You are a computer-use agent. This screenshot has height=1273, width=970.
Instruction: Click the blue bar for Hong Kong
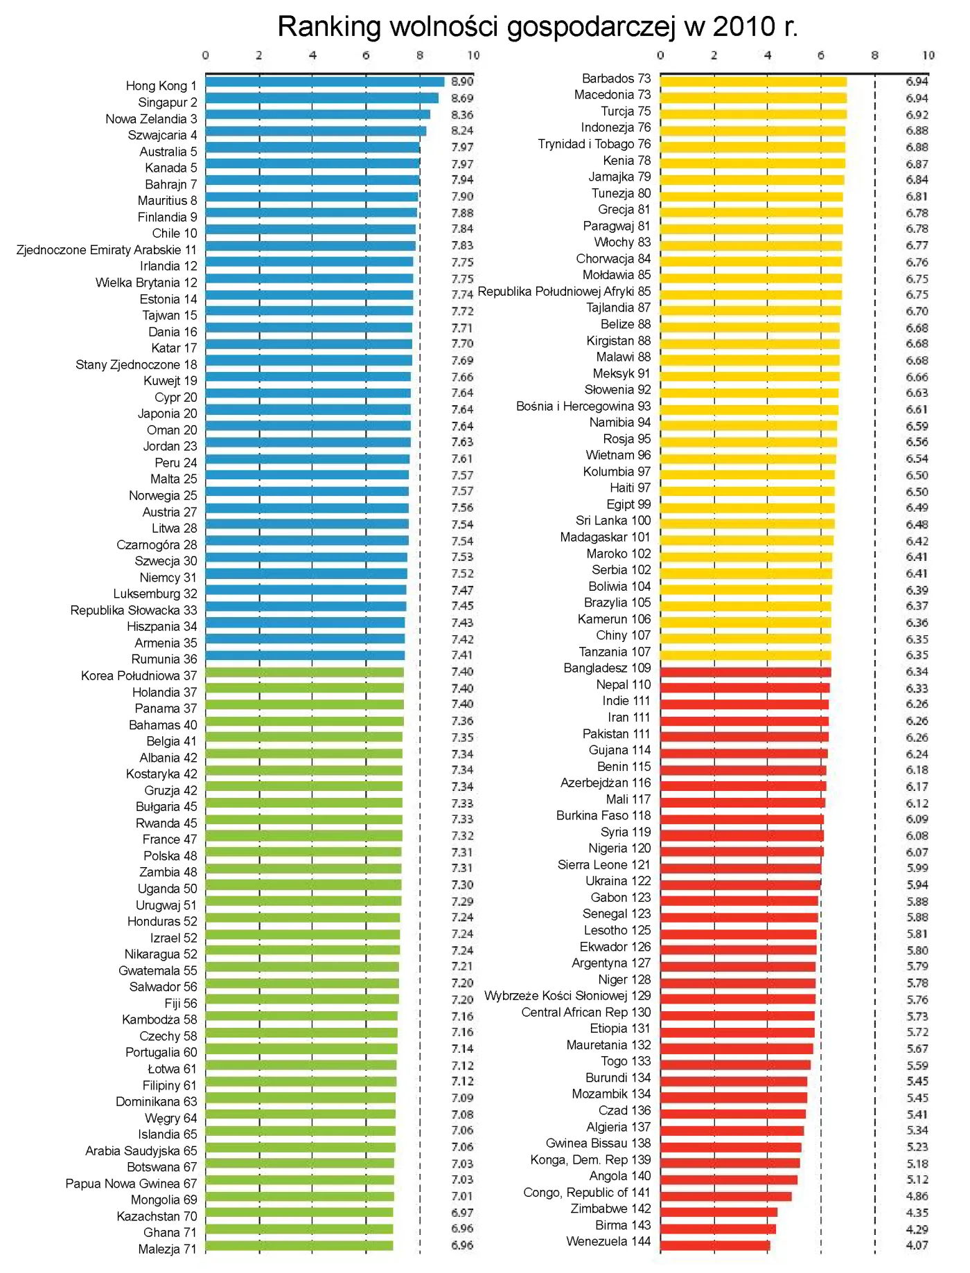(324, 82)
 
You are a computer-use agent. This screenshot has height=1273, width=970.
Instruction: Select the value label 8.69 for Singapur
(462, 98)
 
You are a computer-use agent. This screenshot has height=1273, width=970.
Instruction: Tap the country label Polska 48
(170, 856)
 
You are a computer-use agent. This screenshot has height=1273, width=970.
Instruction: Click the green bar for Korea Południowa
(305, 672)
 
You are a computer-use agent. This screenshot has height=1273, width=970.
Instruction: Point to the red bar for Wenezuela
(714, 1245)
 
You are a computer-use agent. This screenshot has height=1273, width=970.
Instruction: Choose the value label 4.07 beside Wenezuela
(917, 1245)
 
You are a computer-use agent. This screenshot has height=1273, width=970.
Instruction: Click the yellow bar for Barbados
(753, 82)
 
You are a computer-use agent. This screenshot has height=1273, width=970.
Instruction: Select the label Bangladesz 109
(607, 668)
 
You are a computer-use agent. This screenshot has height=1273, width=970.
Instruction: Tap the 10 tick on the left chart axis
(473, 55)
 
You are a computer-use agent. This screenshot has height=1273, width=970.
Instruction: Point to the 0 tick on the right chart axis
(660, 55)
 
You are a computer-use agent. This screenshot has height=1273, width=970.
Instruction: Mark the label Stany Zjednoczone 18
(136, 364)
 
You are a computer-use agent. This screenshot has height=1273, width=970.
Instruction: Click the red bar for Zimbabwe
(718, 1212)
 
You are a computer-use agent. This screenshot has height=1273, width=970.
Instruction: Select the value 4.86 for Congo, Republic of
(917, 1196)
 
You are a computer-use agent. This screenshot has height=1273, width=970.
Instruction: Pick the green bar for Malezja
(299, 1245)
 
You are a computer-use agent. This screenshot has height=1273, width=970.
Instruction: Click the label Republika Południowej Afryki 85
(564, 292)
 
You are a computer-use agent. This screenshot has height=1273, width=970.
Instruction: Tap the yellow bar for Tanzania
(745, 655)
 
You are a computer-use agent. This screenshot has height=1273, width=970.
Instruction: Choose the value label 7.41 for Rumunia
(462, 655)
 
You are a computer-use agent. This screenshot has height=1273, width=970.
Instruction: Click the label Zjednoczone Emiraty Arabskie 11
(106, 250)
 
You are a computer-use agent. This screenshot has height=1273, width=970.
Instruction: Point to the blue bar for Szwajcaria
(315, 131)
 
